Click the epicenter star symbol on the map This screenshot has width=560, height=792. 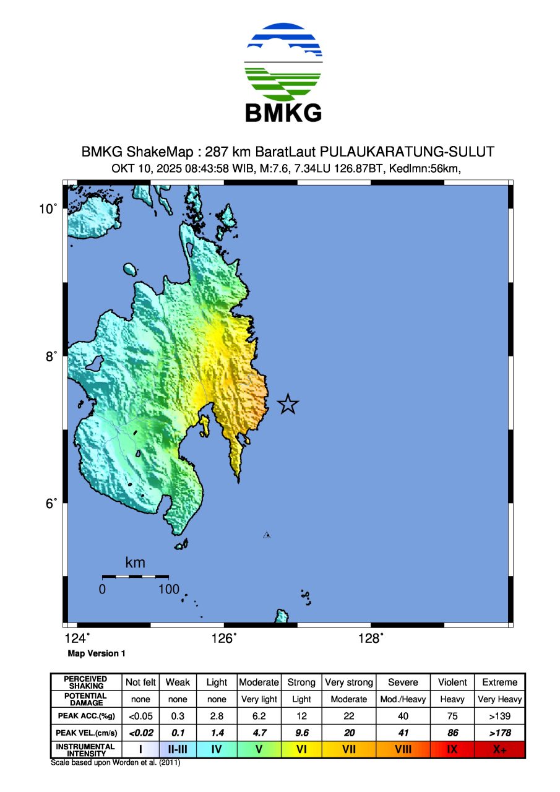pos(288,404)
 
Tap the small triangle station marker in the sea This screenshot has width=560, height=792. pos(267,535)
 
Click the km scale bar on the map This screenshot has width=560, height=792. pos(135,577)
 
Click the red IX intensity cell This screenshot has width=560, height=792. pos(452,750)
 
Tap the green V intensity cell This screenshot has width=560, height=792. pos(259,750)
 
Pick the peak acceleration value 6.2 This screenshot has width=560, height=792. pos(259,717)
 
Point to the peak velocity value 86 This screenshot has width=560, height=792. pos(452,733)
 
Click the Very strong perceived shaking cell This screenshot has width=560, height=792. pos(349,682)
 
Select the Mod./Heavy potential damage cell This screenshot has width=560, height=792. pos(403,699)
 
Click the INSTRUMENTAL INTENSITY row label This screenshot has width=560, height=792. pos(85,750)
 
